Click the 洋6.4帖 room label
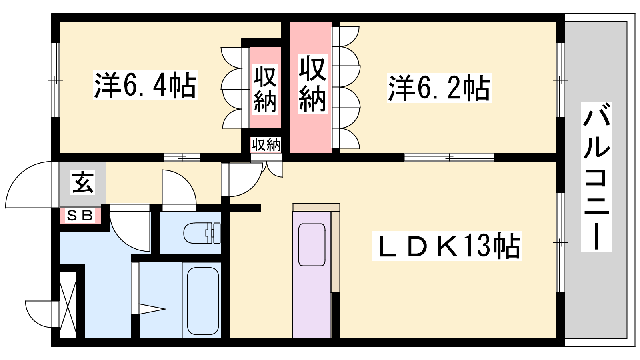[x=145, y=85]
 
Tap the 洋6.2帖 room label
[x=439, y=88]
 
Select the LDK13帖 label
[x=447, y=246]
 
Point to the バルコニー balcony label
[x=596, y=176]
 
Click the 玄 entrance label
[x=83, y=183]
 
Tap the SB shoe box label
[x=80, y=216]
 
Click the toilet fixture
[x=202, y=233]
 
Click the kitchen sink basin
[x=312, y=245]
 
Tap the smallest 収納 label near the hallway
[x=266, y=145]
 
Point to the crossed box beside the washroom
[x=68, y=305]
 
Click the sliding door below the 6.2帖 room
[x=450, y=158]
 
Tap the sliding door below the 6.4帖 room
[x=182, y=158]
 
